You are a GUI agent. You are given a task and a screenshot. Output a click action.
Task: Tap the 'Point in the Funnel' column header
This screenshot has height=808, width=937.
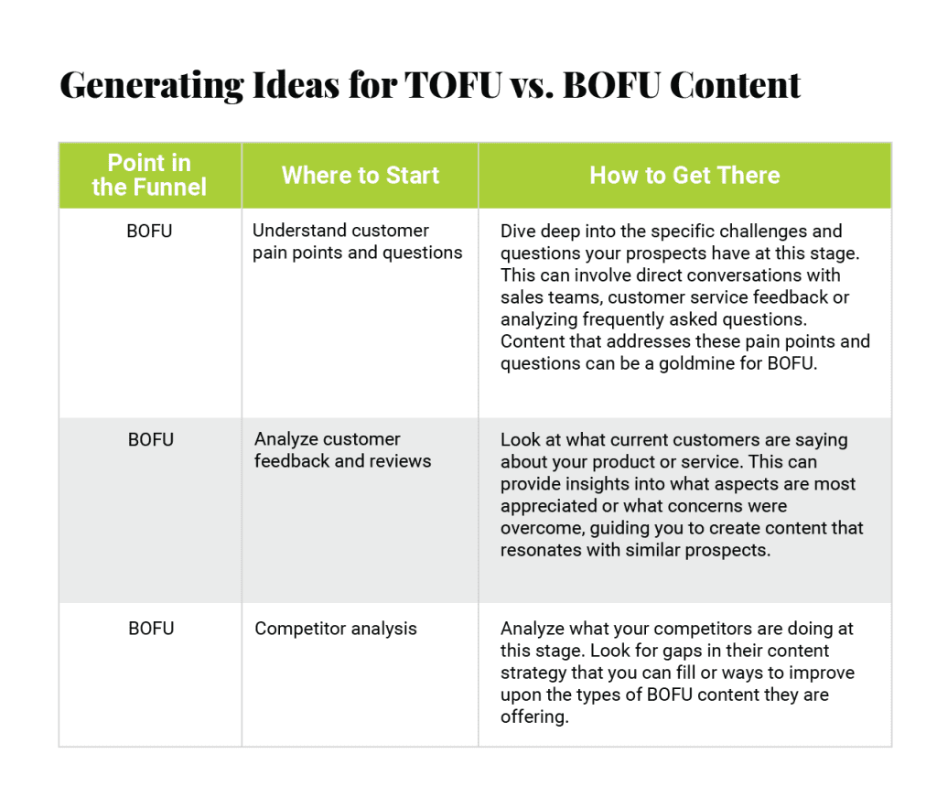tap(149, 176)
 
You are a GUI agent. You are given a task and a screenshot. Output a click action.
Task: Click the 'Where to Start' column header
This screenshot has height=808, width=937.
tap(360, 176)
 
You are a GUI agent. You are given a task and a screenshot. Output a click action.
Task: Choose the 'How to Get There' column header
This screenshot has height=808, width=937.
tap(684, 176)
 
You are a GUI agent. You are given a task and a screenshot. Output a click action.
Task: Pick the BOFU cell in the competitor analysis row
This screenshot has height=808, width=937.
tap(150, 629)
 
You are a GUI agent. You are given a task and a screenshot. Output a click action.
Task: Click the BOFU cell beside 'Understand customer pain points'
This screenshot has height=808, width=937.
tap(149, 231)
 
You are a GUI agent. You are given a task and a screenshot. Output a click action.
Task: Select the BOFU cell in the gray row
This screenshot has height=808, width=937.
tap(150, 439)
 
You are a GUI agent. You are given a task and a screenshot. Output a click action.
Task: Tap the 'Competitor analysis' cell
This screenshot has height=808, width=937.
tap(335, 629)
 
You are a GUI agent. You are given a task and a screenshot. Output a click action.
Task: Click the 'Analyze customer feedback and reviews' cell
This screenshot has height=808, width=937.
tap(342, 450)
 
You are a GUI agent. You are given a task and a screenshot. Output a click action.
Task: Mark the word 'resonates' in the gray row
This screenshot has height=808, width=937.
tap(539, 550)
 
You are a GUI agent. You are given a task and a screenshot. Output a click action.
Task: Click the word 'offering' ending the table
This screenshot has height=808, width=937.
tap(533, 716)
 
